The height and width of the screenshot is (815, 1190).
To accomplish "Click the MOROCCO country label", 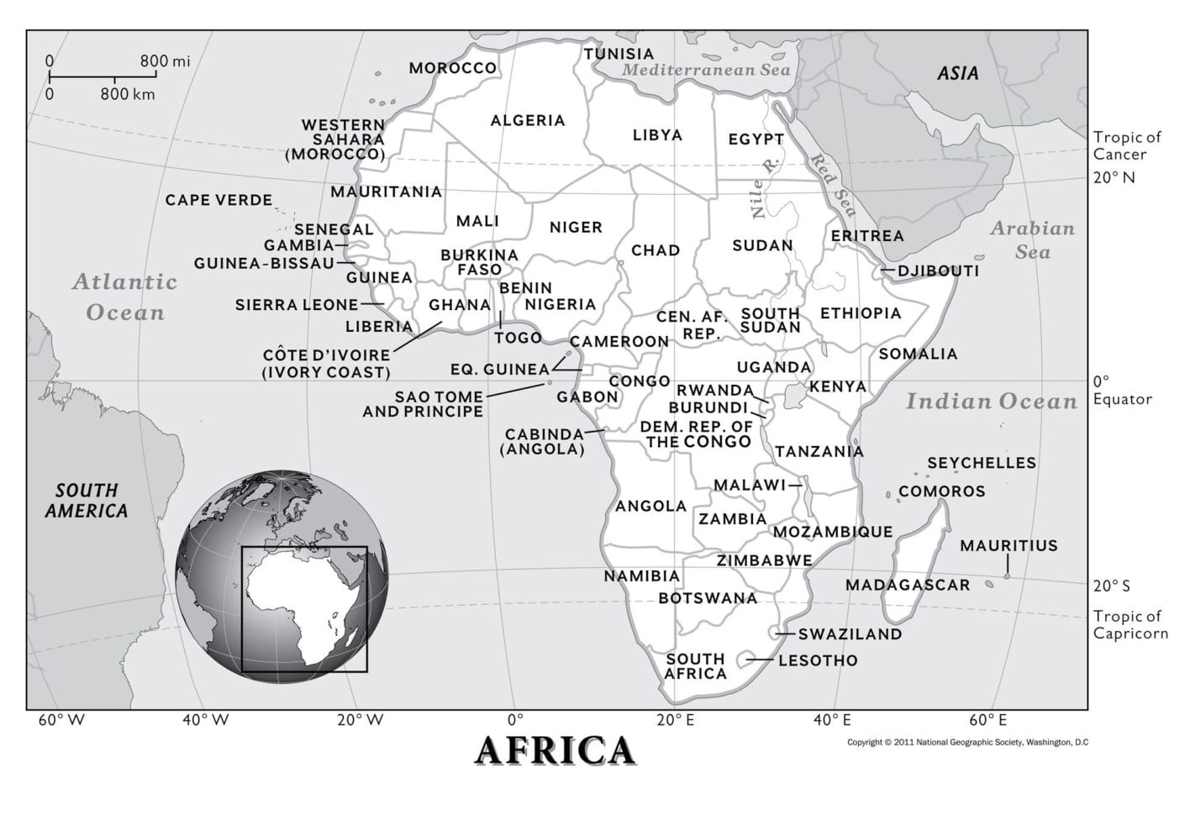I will (452, 68).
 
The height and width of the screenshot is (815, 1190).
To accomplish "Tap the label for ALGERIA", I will (528, 120).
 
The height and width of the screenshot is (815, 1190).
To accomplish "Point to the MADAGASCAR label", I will (907, 585).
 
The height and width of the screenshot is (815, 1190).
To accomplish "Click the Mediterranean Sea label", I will (706, 71).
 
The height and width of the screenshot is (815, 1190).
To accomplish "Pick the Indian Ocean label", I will (991, 402).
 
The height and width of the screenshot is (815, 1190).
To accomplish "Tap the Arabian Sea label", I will (1031, 240).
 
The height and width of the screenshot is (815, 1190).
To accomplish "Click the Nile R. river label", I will (765, 188).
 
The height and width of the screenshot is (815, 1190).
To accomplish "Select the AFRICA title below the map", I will (555, 750).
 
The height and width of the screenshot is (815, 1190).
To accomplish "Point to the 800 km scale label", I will (127, 94).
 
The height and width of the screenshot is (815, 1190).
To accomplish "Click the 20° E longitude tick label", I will (675, 720).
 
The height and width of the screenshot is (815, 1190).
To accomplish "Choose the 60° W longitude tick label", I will (61, 720).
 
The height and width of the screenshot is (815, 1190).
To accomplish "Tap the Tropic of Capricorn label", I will (1129, 625).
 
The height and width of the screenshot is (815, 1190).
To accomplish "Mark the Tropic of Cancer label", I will (1126, 145).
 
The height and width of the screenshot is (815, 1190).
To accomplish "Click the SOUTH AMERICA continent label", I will (87, 500).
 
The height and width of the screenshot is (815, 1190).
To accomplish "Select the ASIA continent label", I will (958, 74).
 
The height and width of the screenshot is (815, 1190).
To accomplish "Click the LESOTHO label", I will (817, 660).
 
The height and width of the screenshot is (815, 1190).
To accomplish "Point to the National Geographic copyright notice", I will (966, 743).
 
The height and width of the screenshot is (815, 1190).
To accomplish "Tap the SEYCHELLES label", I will (981, 463).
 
